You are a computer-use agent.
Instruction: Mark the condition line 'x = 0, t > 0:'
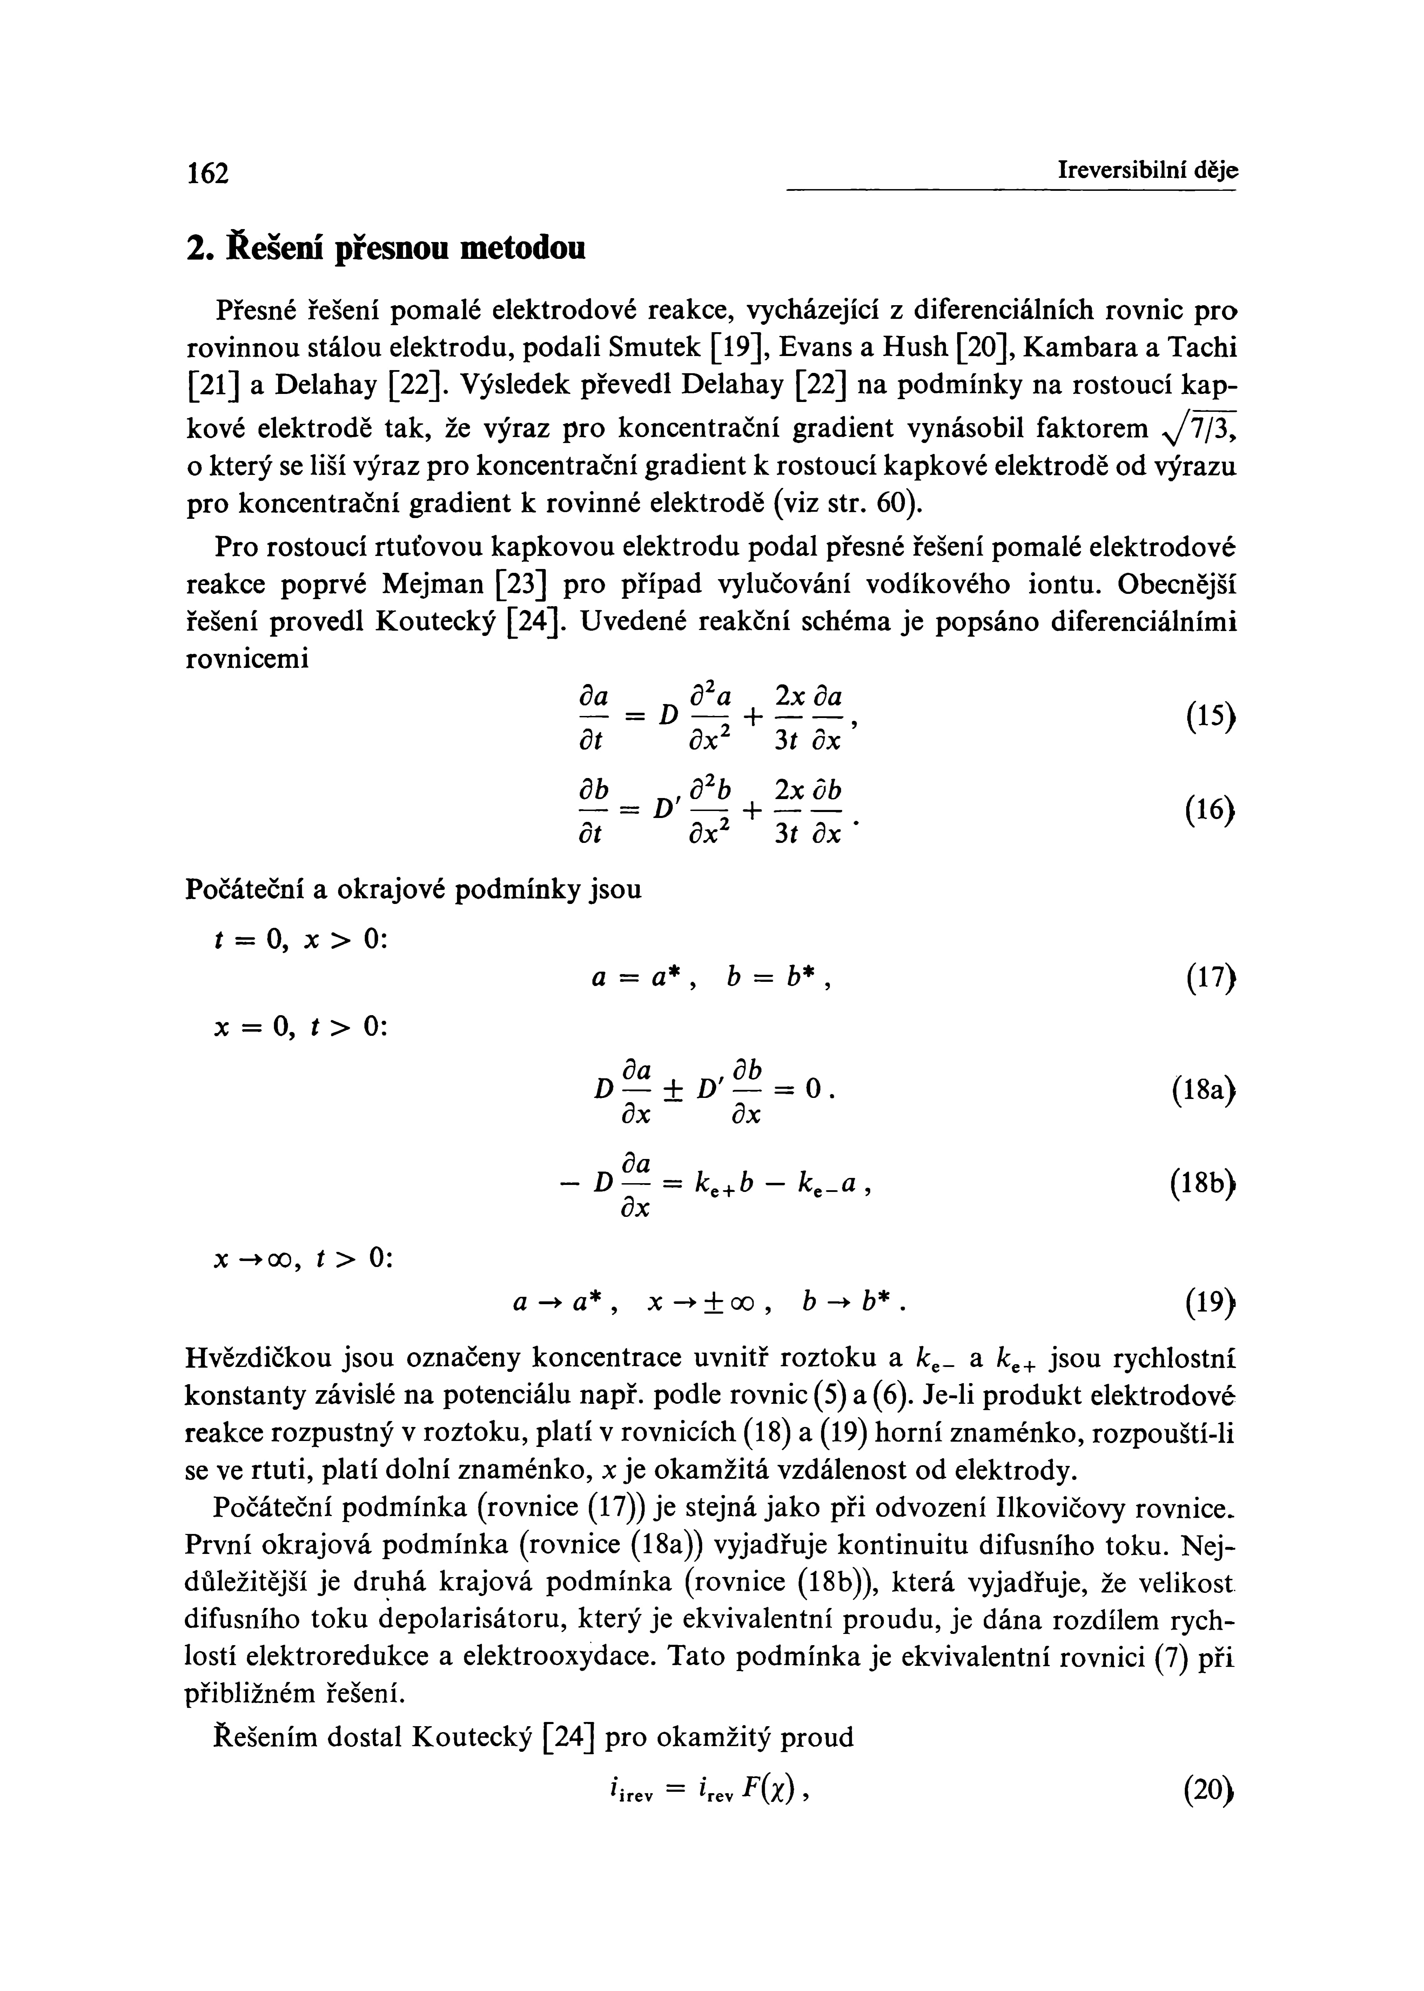(299, 1026)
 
